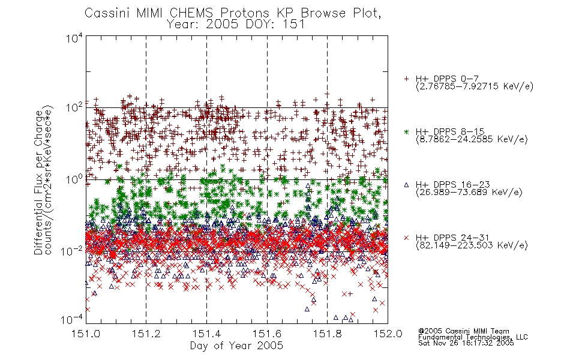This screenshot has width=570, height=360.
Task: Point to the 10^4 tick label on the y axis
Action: tap(74, 38)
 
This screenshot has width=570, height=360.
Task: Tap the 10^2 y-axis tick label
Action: tap(74, 108)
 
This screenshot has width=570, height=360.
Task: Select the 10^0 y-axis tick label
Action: tap(74, 179)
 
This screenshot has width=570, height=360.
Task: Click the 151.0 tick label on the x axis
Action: tap(86, 334)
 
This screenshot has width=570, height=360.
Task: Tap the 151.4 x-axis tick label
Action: tap(207, 334)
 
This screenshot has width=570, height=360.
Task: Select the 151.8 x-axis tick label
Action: tap(328, 334)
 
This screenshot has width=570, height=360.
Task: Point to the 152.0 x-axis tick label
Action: tap(388, 334)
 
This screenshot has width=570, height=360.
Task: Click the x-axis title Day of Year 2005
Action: tap(236, 346)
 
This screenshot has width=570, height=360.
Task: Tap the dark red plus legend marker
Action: tap(406, 79)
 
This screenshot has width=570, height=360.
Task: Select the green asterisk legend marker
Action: tap(406, 131)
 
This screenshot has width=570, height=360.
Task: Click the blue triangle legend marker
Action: tap(406, 185)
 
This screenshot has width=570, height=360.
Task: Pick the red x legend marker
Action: tap(406, 238)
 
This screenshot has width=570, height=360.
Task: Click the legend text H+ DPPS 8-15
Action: tap(450, 131)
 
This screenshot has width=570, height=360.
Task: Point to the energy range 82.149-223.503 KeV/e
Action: tap(472, 245)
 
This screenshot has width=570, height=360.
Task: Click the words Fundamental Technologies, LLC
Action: tap(473, 337)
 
